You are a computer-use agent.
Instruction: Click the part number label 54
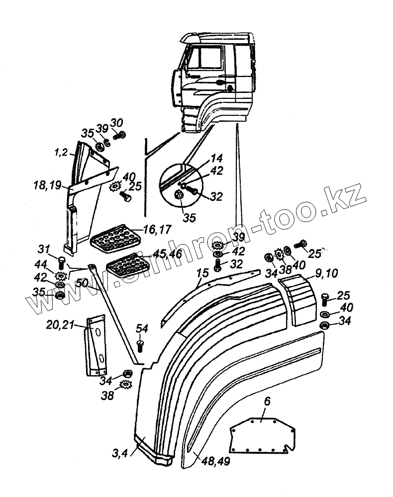click(x=142, y=329)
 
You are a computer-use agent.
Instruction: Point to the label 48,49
click(x=215, y=461)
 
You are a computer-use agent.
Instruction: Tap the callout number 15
click(x=201, y=274)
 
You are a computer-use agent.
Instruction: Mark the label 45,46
click(x=167, y=254)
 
